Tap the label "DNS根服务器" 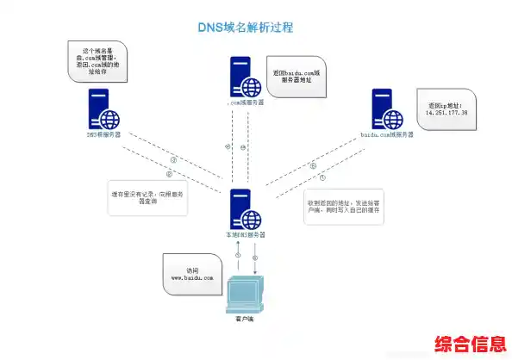click(x=103, y=135)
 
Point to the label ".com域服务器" click(x=246, y=102)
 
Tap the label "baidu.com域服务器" click(x=389, y=135)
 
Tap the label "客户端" click(x=244, y=320)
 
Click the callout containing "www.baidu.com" click(x=190, y=273)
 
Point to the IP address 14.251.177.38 click(x=446, y=112)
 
